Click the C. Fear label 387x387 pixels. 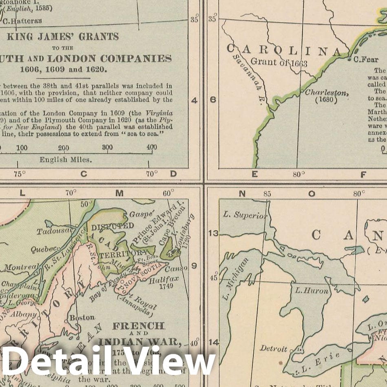(366, 60)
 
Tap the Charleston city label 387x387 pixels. (327, 93)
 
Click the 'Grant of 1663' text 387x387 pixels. (279, 62)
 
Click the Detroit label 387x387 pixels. (273, 349)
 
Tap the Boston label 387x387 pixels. (82, 317)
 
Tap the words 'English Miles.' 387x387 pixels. (66, 159)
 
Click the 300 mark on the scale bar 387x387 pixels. (107, 147)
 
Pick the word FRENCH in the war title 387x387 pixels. (138, 326)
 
